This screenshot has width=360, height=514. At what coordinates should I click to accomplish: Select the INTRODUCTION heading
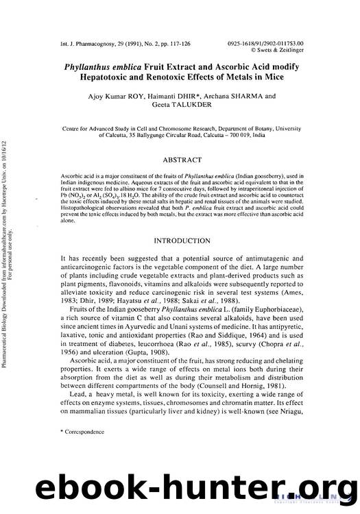[x=182, y=222]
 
